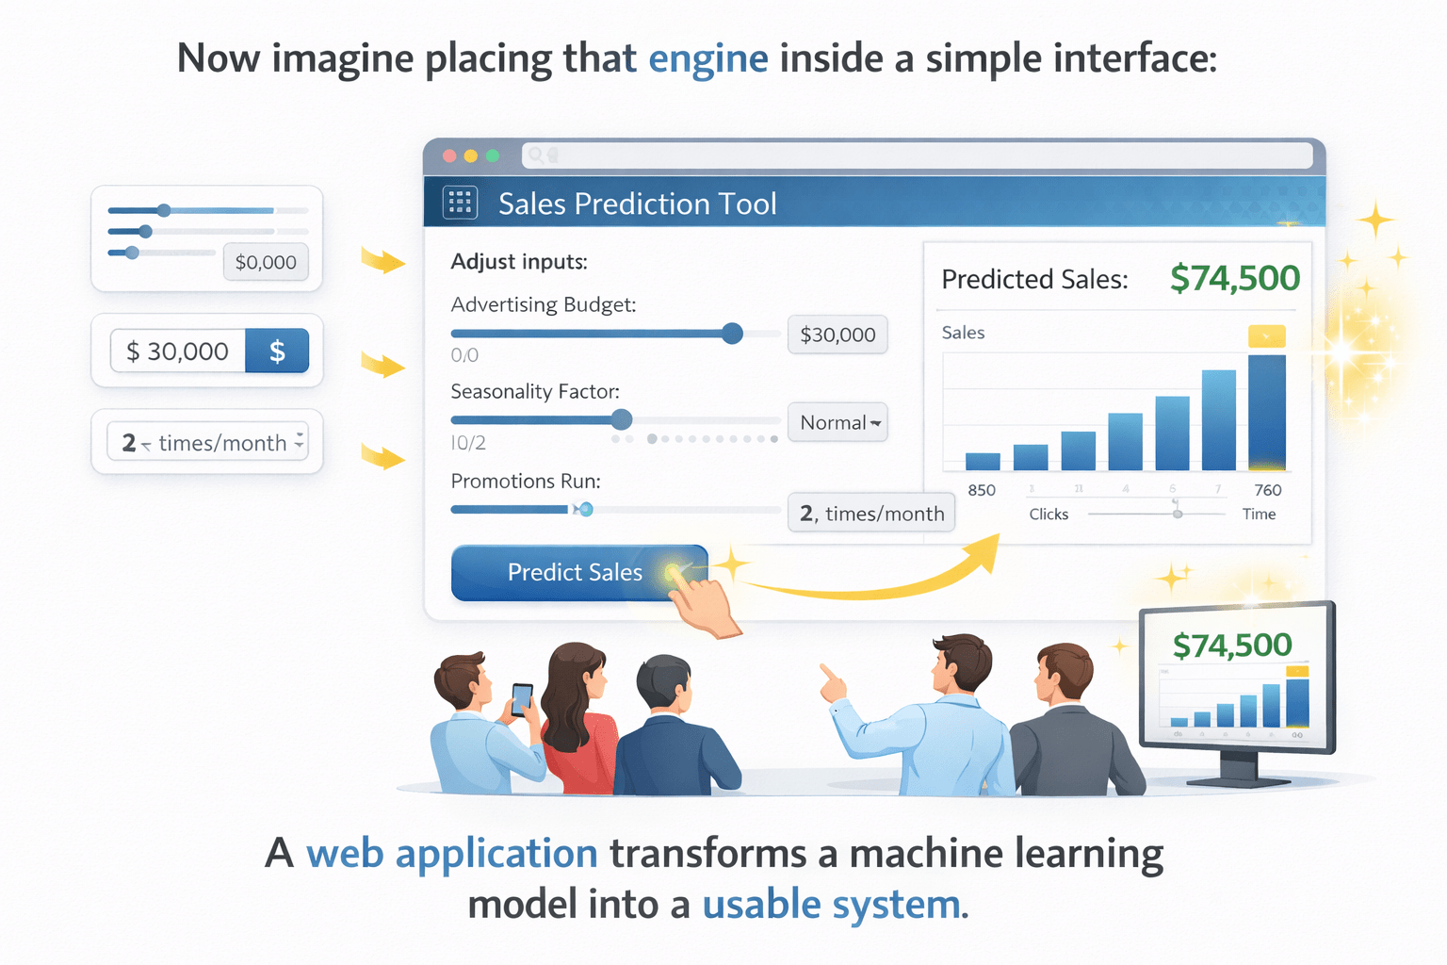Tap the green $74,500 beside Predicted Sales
click(x=1234, y=278)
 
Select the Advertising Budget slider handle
click(x=732, y=333)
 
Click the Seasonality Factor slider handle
click(x=621, y=419)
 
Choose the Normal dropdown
click(x=837, y=422)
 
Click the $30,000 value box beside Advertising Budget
click(x=837, y=335)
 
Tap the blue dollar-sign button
click(x=277, y=351)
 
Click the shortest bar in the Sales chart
click(x=983, y=461)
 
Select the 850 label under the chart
click(x=982, y=490)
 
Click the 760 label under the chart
click(x=1267, y=490)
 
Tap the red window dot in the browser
click(x=449, y=155)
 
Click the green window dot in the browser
click(x=492, y=155)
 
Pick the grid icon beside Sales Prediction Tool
click(x=461, y=203)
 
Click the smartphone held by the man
click(x=521, y=698)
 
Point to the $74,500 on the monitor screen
click(x=1231, y=646)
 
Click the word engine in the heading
click(x=707, y=58)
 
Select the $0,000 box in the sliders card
click(x=266, y=262)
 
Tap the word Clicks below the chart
click(x=1049, y=514)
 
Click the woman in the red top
click(x=577, y=716)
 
